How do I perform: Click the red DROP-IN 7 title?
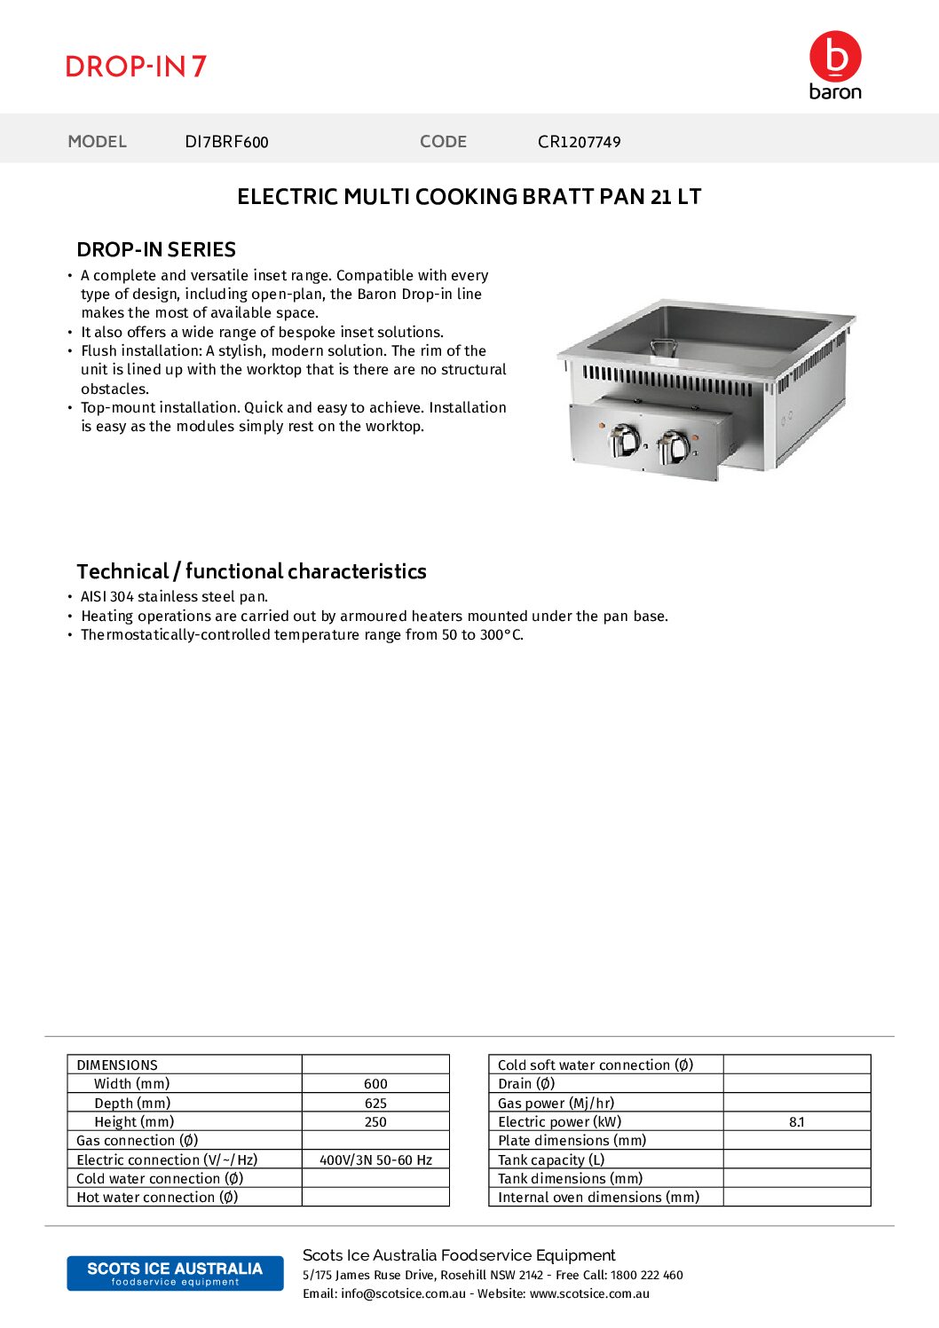[136, 67]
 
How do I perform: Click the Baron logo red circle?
[835, 56]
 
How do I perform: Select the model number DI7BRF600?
[226, 142]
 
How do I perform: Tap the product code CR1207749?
[579, 142]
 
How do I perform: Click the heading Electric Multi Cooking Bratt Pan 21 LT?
[469, 197]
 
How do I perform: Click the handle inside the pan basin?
[663, 347]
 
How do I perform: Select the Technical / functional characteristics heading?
[251, 571]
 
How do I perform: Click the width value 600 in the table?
[375, 1084]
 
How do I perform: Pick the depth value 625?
[375, 1104]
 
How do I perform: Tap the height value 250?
[375, 1122]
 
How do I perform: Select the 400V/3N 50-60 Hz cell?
[375, 1160]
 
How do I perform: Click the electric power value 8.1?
[796, 1122]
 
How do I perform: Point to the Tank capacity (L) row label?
[551, 1160]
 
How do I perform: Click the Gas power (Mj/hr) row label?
[556, 1104]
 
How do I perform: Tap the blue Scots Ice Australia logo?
[175, 1273]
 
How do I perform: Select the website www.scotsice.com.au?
[589, 1294]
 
